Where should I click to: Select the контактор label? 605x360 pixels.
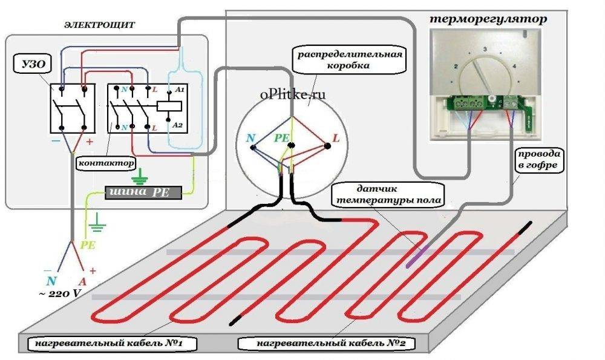click(x=106, y=163)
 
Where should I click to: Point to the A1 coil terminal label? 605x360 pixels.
click(x=179, y=89)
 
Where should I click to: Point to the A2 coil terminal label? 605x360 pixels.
click(x=179, y=124)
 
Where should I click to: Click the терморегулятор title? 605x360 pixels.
click(x=488, y=19)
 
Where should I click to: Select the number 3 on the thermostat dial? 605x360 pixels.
click(x=485, y=48)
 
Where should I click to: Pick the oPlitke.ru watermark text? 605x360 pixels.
click(x=293, y=94)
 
